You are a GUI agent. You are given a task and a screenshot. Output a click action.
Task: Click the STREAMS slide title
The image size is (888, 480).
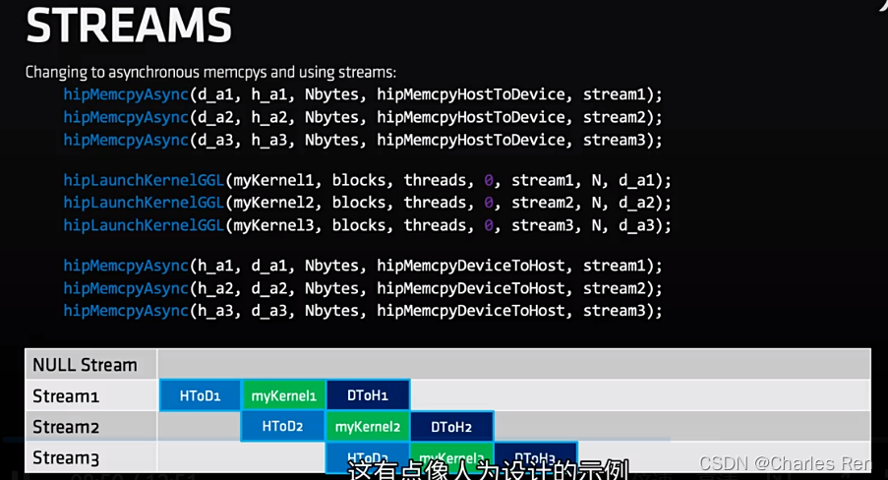[x=129, y=26]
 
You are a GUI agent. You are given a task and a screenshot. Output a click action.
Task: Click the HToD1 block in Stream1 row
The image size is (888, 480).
[x=200, y=395]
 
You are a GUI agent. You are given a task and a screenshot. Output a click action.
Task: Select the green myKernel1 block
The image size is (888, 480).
[x=283, y=395]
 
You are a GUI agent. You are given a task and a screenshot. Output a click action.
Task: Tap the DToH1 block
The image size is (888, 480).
[x=368, y=395]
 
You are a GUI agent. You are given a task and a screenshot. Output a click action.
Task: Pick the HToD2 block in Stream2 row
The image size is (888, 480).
[x=282, y=427]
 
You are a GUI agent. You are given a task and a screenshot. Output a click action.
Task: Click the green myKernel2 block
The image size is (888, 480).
[x=368, y=427]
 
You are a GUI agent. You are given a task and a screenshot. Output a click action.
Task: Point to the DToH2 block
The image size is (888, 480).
[x=451, y=427]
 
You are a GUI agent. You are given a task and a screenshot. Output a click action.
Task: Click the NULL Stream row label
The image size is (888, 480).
[x=85, y=365]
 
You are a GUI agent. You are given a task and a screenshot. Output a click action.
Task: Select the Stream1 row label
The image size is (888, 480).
[x=66, y=396]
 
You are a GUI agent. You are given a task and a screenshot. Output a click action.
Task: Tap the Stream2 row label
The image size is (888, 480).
[x=66, y=427]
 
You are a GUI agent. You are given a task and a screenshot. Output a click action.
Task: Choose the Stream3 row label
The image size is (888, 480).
[x=66, y=457]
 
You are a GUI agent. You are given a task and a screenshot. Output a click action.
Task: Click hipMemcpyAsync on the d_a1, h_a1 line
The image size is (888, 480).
[x=126, y=94]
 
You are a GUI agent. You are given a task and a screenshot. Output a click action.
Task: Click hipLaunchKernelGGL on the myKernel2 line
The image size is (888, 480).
[x=144, y=203]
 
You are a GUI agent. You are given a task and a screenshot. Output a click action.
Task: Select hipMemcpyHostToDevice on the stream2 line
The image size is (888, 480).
[x=471, y=117]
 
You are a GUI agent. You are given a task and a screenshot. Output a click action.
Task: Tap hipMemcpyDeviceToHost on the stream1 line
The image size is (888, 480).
[x=471, y=266]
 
